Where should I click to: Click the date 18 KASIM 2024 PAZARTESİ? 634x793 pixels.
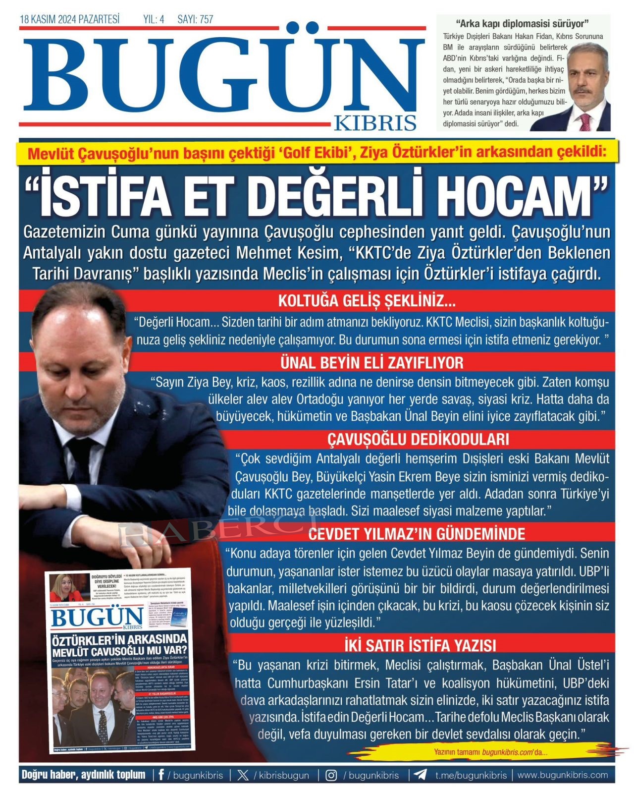tap(69, 19)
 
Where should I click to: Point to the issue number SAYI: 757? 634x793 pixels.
tap(195, 19)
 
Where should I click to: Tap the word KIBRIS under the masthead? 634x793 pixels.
tap(375, 122)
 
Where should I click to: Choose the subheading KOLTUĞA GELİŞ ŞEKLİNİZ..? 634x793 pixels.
tap(367, 301)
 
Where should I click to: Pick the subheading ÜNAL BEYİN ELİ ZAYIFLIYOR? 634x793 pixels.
tap(371, 363)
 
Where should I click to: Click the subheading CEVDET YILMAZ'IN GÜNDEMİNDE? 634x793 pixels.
tap(417, 534)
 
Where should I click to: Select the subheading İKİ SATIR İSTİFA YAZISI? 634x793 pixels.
tap(420, 645)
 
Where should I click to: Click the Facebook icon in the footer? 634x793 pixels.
tap(161, 775)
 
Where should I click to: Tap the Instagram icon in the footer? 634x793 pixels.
tap(331, 775)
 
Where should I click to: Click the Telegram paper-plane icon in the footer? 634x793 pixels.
tap(421, 775)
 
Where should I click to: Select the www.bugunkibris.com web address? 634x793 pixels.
tap(563, 775)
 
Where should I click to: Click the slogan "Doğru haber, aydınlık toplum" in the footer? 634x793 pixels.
tap(83, 775)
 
